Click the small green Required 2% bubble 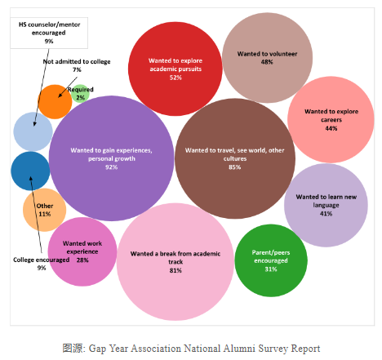tap(80, 93)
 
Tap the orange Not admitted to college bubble tap(55, 102)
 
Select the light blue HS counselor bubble tap(33, 131)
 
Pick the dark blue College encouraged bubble tap(30, 171)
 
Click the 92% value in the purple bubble tap(112, 167)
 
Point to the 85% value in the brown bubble tap(234, 167)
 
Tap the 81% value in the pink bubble tap(175, 270)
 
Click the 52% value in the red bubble tap(175, 78)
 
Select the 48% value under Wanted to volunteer tap(267, 62)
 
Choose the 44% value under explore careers tap(331, 128)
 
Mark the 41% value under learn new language tap(326, 214)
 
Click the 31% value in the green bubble tap(271, 269)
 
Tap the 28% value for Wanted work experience tap(82, 260)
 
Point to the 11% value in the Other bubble tap(45, 214)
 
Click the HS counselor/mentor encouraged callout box tap(49, 33)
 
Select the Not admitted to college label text tap(77, 62)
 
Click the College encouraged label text tap(42, 260)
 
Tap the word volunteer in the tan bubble tap(282, 54)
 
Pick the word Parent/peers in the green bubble tap(271, 252)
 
